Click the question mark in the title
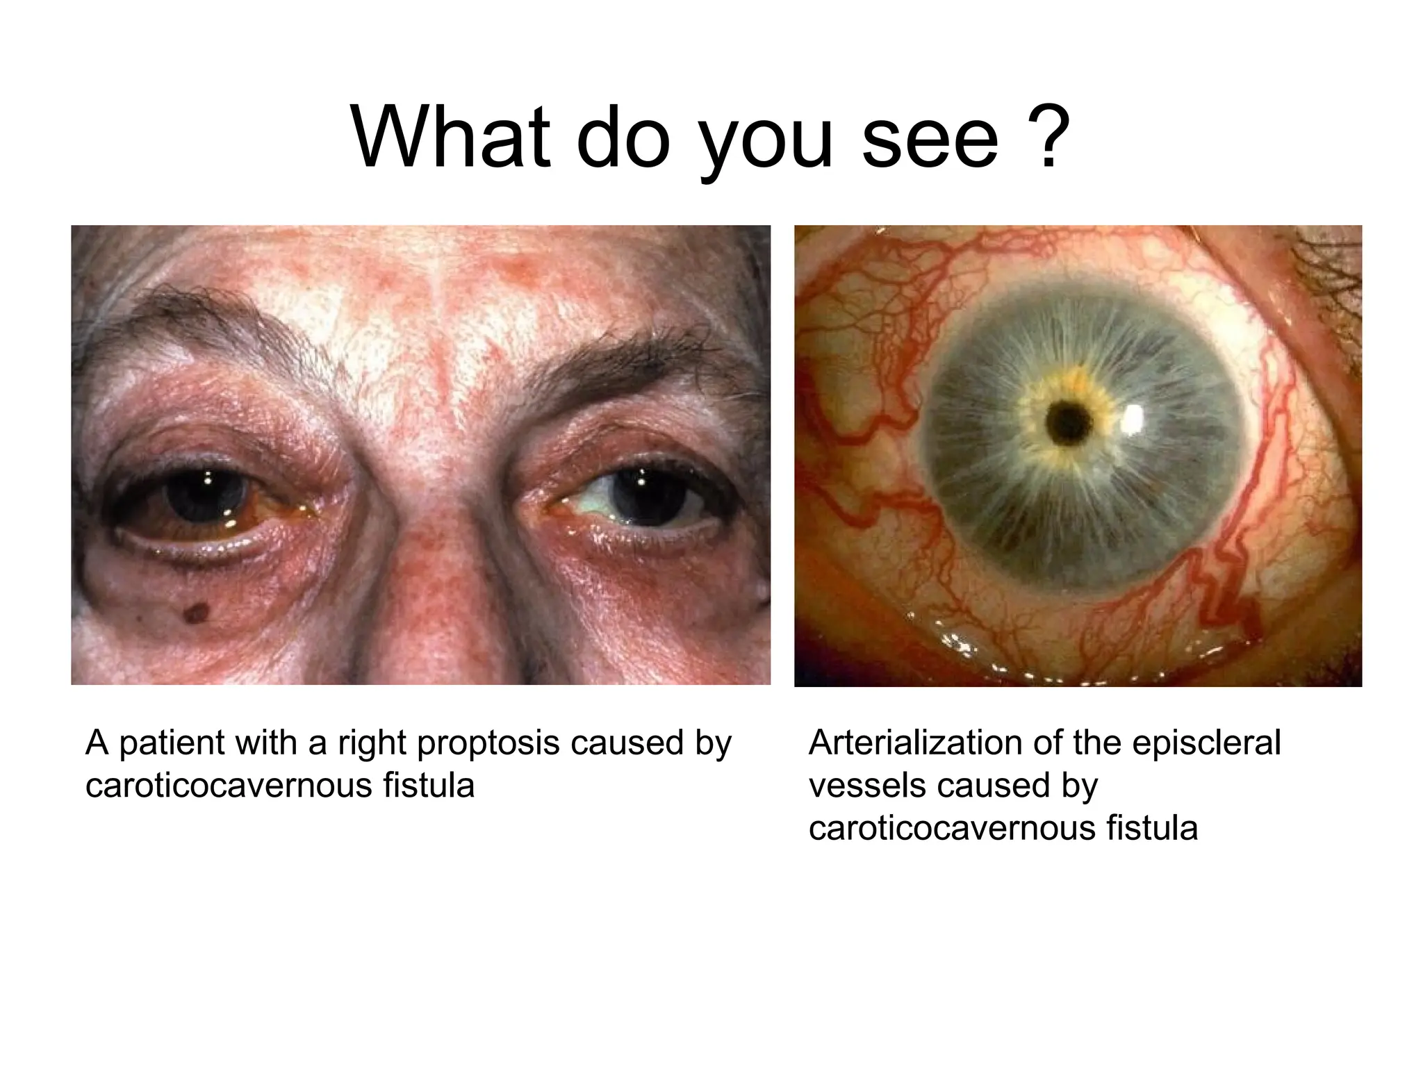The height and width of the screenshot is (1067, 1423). [x=1043, y=136]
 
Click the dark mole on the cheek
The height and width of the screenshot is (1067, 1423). [x=197, y=611]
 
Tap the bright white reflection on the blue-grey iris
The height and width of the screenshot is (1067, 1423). [x=1133, y=418]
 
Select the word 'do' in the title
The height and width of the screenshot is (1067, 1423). [x=623, y=136]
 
